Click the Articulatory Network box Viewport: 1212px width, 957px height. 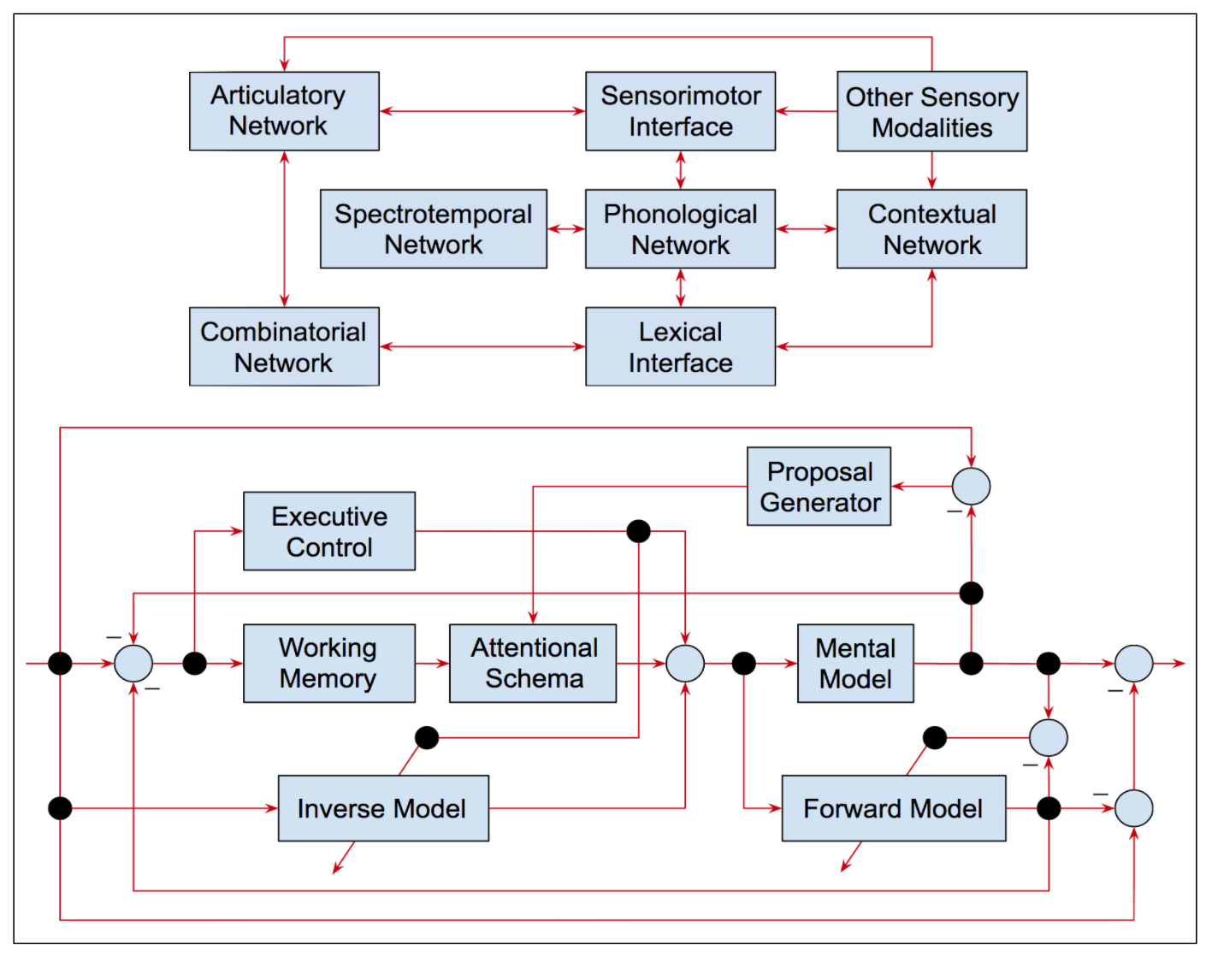tap(284, 111)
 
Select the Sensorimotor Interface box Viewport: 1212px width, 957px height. tap(680, 111)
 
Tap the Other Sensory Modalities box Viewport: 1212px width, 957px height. tap(931, 112)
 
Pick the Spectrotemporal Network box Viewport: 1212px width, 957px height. tap(433, 229)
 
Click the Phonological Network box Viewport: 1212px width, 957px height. tap(680, 229)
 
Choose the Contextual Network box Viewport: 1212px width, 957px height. tap(931, 229)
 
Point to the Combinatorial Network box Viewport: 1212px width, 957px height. tap(284, 346)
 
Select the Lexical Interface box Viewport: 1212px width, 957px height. tap(680, 346)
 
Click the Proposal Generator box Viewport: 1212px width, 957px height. tap(819, 487)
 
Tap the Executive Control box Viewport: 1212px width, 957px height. tap(329, 531)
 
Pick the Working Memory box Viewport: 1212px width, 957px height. tap(329, 663)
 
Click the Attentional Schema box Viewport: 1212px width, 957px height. tap(533, 663)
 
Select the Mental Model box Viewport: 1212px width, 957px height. tap(855, 663)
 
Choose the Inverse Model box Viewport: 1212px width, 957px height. tap(383, 808)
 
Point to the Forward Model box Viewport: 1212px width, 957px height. tap(893, 808)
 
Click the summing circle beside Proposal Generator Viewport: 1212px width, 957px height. tap(971, 487)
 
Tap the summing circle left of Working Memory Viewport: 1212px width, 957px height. tap(133, 663)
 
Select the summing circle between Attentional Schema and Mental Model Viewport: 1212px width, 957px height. tap(685, 663)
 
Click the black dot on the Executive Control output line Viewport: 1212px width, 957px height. tap(638, 531)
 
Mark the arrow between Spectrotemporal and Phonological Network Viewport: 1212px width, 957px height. tap(566, 229)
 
